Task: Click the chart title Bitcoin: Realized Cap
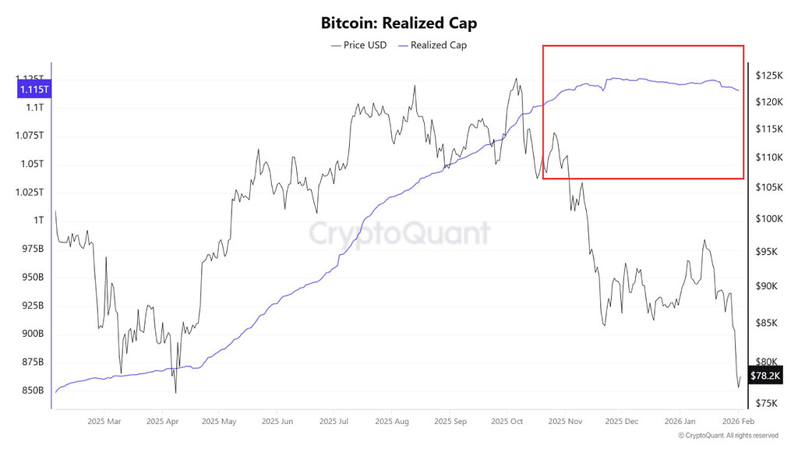tap(399, 23)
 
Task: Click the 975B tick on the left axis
tap(32, 249)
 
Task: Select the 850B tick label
tap(32, 391)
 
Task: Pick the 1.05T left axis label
tap(32, 164)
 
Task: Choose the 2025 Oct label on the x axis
tap(507, 422)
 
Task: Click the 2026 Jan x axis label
tap(679, 422)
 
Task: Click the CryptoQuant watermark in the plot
tap(400, 233)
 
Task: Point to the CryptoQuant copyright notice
tap(728, 436)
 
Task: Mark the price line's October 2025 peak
tap(515, 78)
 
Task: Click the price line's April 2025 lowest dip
tap(176, 393)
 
